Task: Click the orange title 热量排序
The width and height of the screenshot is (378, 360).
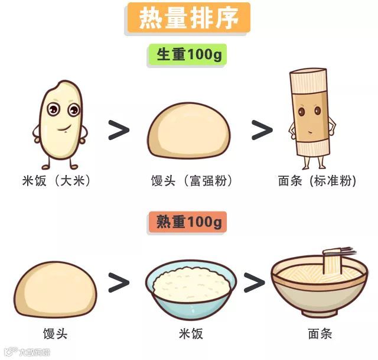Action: [x=188, y=19]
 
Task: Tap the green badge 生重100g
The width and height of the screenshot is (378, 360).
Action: [x=188, y=55]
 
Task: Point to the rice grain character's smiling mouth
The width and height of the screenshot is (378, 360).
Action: [x=63, y=126]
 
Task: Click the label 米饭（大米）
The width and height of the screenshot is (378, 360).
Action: [x=57, y=181]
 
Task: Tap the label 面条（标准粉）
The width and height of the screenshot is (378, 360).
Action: [x=317, y=181]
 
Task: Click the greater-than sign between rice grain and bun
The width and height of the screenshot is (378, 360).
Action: [x=119, y=130]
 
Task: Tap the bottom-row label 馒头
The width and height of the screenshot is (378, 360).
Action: [x=56, y=334]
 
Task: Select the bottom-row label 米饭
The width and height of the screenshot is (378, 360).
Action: [x=190, y=334]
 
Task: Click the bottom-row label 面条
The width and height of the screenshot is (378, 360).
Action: [x=320, y=334]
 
